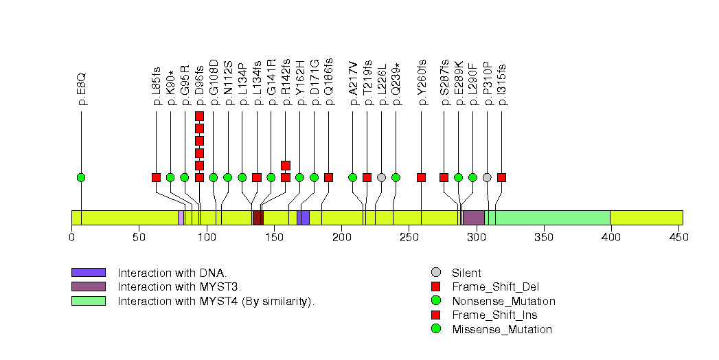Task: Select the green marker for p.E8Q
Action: coord(81,177)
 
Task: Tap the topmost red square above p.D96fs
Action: coord(199,116)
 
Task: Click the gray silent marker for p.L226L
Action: coord(381,177)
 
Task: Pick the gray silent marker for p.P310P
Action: coord(487,177)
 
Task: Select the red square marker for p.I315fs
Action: coord(501,177)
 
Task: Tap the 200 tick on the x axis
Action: coord(341,238)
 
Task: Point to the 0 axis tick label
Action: coord(71,238)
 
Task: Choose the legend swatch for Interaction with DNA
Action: coord(88,273)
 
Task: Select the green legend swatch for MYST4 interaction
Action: coord(88,300)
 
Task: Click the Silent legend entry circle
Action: coord(435,273)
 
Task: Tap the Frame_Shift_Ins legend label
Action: coord(494,315)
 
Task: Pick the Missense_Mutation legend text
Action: coord(501,329)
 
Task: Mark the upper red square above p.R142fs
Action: coord(286,165)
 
